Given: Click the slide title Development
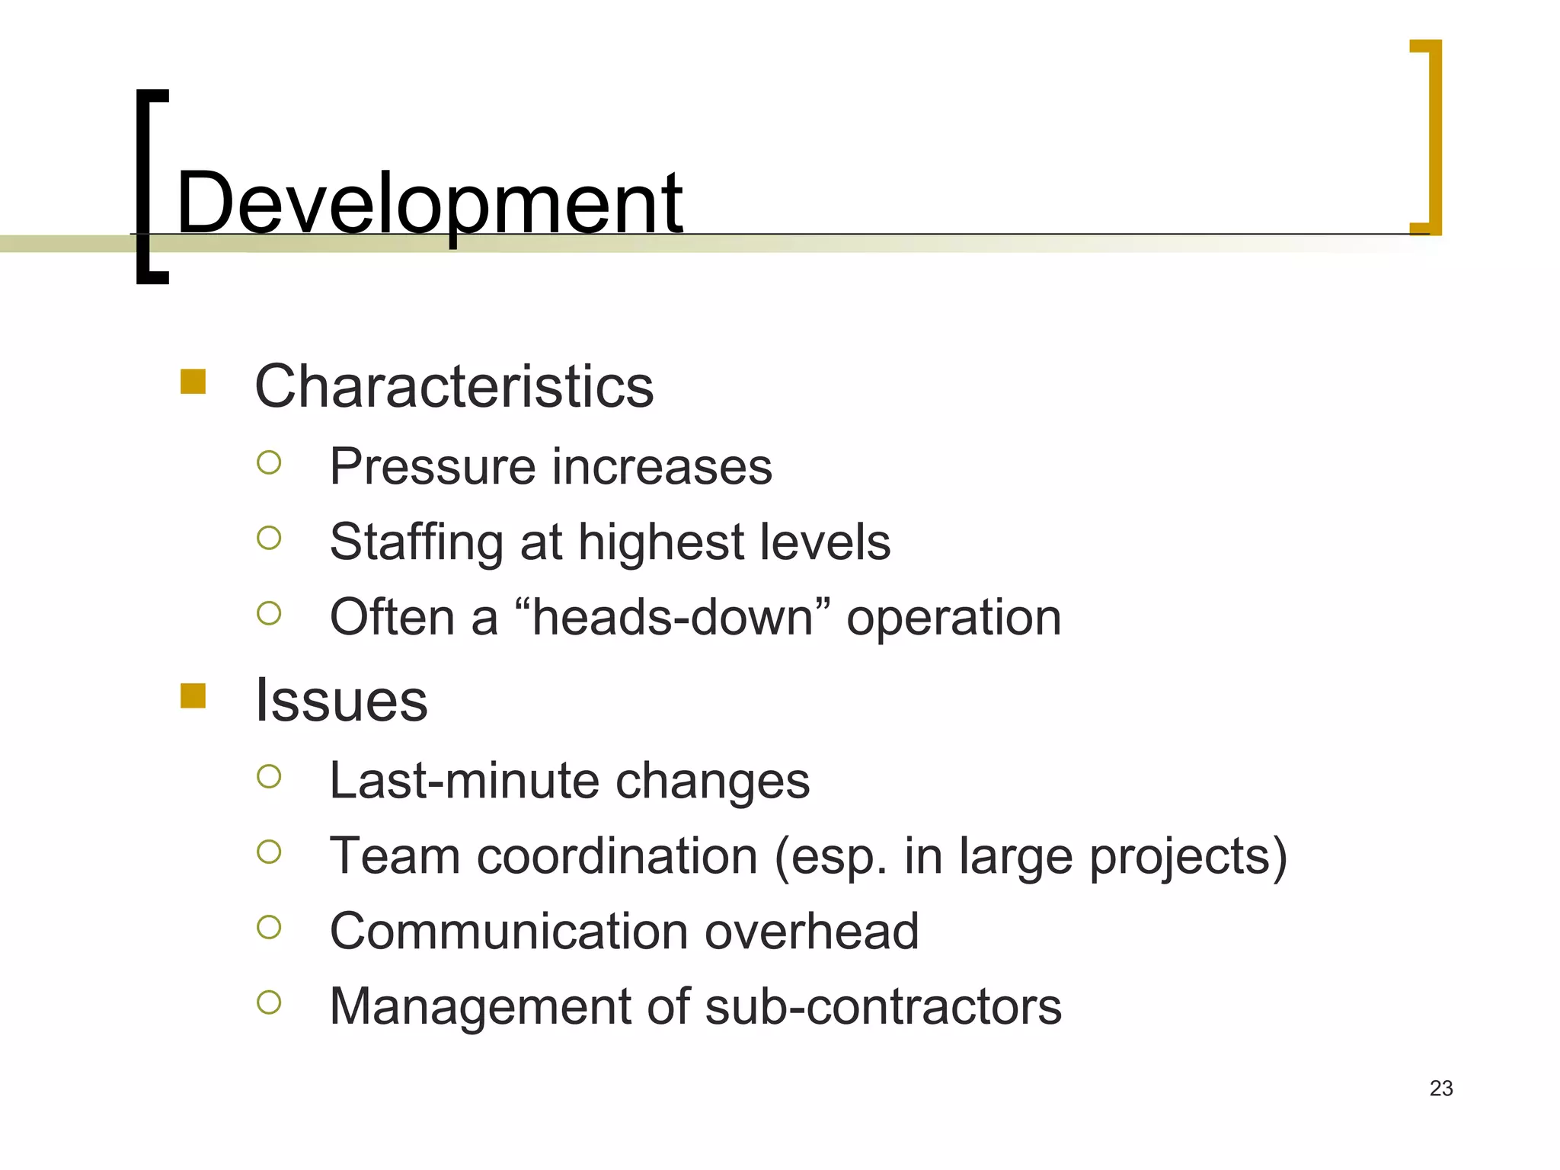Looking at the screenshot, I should (429, 203).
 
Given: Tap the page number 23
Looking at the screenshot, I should (1441, 1088).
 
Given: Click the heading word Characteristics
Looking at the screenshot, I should (454, 386).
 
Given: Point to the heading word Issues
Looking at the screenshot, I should (341, 700).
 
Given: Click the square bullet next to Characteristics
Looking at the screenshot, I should (193, 382).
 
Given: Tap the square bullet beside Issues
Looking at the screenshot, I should (193, 695).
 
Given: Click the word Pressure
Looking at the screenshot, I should (432, 467).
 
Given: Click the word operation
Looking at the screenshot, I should (954, 618).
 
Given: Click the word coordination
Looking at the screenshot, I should (617, 856).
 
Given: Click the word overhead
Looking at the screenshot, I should (812, 931).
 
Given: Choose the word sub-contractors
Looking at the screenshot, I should (883, 1006).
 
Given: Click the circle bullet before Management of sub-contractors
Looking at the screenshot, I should (269, 1002).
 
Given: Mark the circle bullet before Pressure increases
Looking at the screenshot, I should (269, 462).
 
